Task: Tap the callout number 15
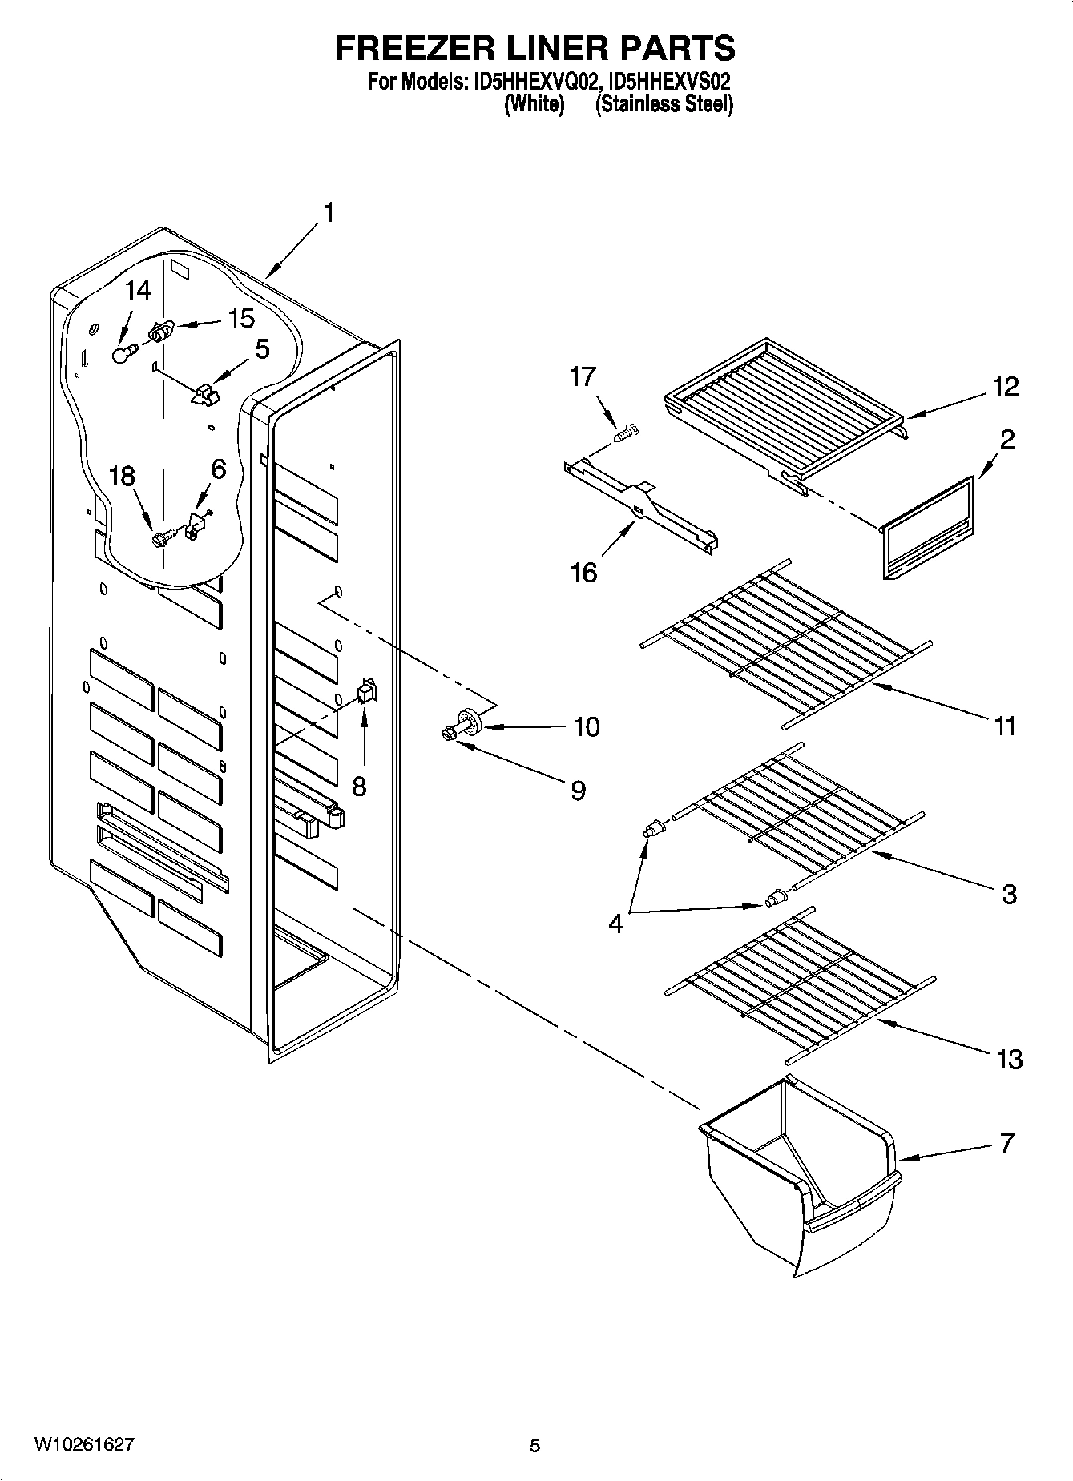point(240,319)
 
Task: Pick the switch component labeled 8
point(366,690)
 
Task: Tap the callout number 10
point(587,726)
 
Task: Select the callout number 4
point(615,924)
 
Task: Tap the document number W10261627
point(84,1444)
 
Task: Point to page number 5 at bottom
point(535,1445)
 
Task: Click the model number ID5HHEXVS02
point(670,82)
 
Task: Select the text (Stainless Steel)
point(664,104)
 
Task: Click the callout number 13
point(1010,1059)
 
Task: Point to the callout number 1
point(328,213)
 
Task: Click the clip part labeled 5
point(206,392)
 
